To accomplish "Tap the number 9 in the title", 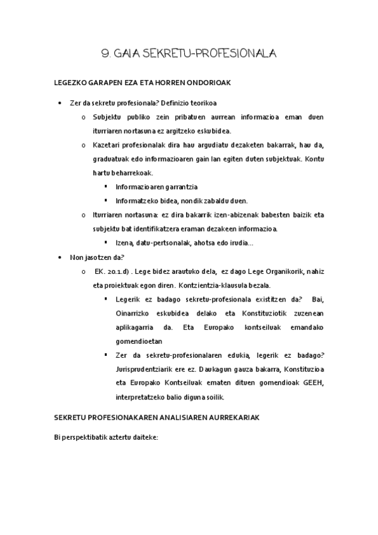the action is [105, 54].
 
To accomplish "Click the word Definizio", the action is [180, 103].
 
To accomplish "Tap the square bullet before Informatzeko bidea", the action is [106, 201].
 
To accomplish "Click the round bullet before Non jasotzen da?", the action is [58, 257].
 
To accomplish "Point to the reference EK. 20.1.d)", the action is [114, 271].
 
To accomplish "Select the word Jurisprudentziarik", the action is [146, 369].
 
